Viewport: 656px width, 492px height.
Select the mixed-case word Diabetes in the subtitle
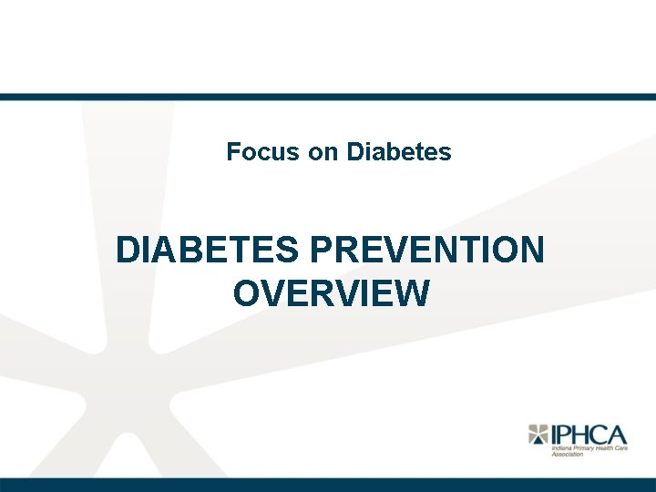click(398, 151)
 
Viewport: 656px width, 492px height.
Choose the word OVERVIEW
click(331, 294)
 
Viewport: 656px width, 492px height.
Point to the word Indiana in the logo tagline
click(561, 449)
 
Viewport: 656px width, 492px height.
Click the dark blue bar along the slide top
click(328, 97)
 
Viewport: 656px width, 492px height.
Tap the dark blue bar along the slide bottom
click(328, 484)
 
